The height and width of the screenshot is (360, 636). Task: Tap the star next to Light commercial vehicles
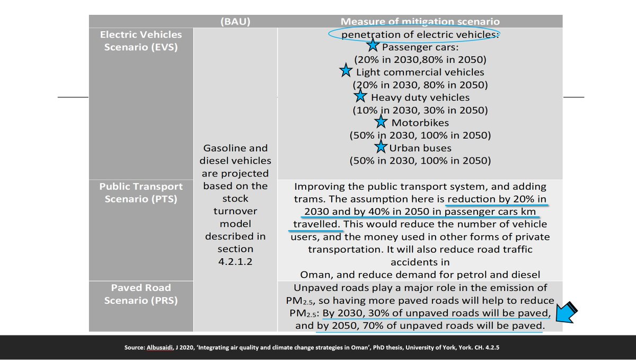[x=346, y=71]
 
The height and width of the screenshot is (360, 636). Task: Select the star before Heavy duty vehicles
[x=360, y=96]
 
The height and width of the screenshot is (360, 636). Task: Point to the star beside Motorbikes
[x=381, y=122]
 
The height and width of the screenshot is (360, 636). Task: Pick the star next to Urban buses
[x=381, y=147]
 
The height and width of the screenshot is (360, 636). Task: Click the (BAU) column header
[x=235, y=22]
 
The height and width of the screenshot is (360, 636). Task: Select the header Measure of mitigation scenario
[x=420, y=22]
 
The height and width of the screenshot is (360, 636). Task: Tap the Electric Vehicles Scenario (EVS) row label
[x=142, y=40]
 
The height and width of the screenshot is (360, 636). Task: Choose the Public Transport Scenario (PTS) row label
[x=142, y=192]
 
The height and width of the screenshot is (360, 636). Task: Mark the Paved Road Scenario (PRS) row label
[x=142, y=294]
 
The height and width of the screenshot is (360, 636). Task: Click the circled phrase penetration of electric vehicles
[x=420, y=34]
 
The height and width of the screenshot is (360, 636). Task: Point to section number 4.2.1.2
[x=235, y=261]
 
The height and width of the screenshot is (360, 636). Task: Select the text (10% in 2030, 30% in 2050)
[x=420, y=110]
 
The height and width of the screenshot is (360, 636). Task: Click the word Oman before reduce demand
[x=316, y=275]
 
